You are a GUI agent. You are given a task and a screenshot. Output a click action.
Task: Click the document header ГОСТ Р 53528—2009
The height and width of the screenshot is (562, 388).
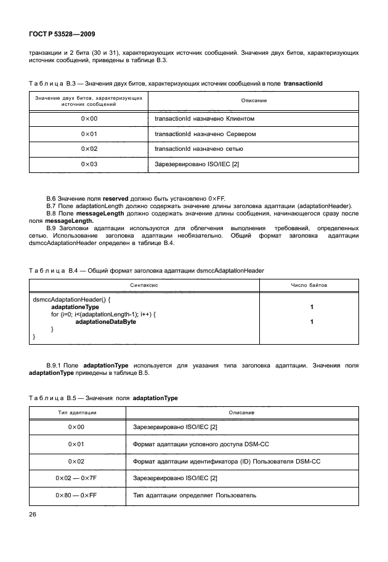pyautogui.click(x=55, y=36)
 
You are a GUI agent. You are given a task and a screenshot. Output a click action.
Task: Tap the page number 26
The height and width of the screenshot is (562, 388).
pyautogui.click(x=33, y=513)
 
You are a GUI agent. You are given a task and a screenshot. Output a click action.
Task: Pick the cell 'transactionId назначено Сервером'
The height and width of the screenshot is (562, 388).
pyautogui.click(x=205, y=133)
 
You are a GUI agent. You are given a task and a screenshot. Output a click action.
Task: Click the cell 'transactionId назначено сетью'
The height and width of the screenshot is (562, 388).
pyautogui.click(x=198, y=149)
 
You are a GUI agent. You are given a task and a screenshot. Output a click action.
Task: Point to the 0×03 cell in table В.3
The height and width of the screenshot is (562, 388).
pyautogui.click(x=90, y=164)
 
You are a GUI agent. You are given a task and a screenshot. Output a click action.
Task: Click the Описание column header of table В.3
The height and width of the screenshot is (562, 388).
pyautogui.click(x=254, y=100)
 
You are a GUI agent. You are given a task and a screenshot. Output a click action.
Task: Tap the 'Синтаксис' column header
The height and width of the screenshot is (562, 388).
pyautogui.click(x=144, y=286)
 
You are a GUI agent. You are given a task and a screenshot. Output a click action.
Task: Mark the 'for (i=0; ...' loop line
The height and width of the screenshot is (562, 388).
pyautogui.click(x=103, y=314)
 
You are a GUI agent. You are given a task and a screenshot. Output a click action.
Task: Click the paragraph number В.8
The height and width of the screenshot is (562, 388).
pyautogui.click(x=52, y=212)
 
